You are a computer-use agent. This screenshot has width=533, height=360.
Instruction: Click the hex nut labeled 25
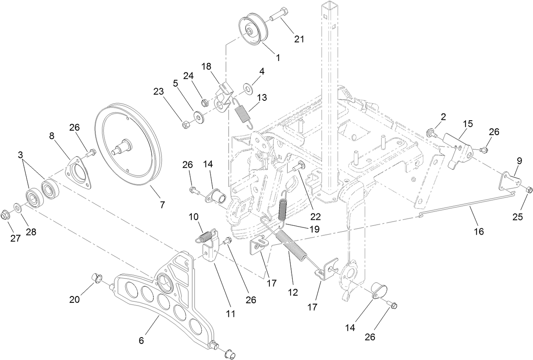coord(528,190)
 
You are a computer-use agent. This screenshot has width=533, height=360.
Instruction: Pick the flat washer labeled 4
coord(247,88)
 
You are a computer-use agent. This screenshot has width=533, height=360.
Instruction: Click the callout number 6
coord(142,341)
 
